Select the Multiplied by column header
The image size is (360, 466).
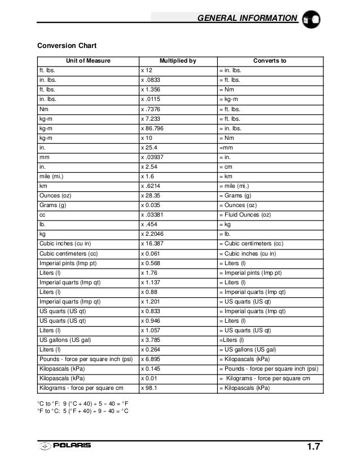[177, 60]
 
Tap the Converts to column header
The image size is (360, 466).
[270, 60]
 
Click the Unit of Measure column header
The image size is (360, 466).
[88, 60]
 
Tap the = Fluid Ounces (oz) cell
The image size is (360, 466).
[247, 215]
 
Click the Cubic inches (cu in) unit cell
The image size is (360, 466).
[65, 244]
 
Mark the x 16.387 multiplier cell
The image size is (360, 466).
[153, 244]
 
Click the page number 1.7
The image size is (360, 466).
[313, 447]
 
